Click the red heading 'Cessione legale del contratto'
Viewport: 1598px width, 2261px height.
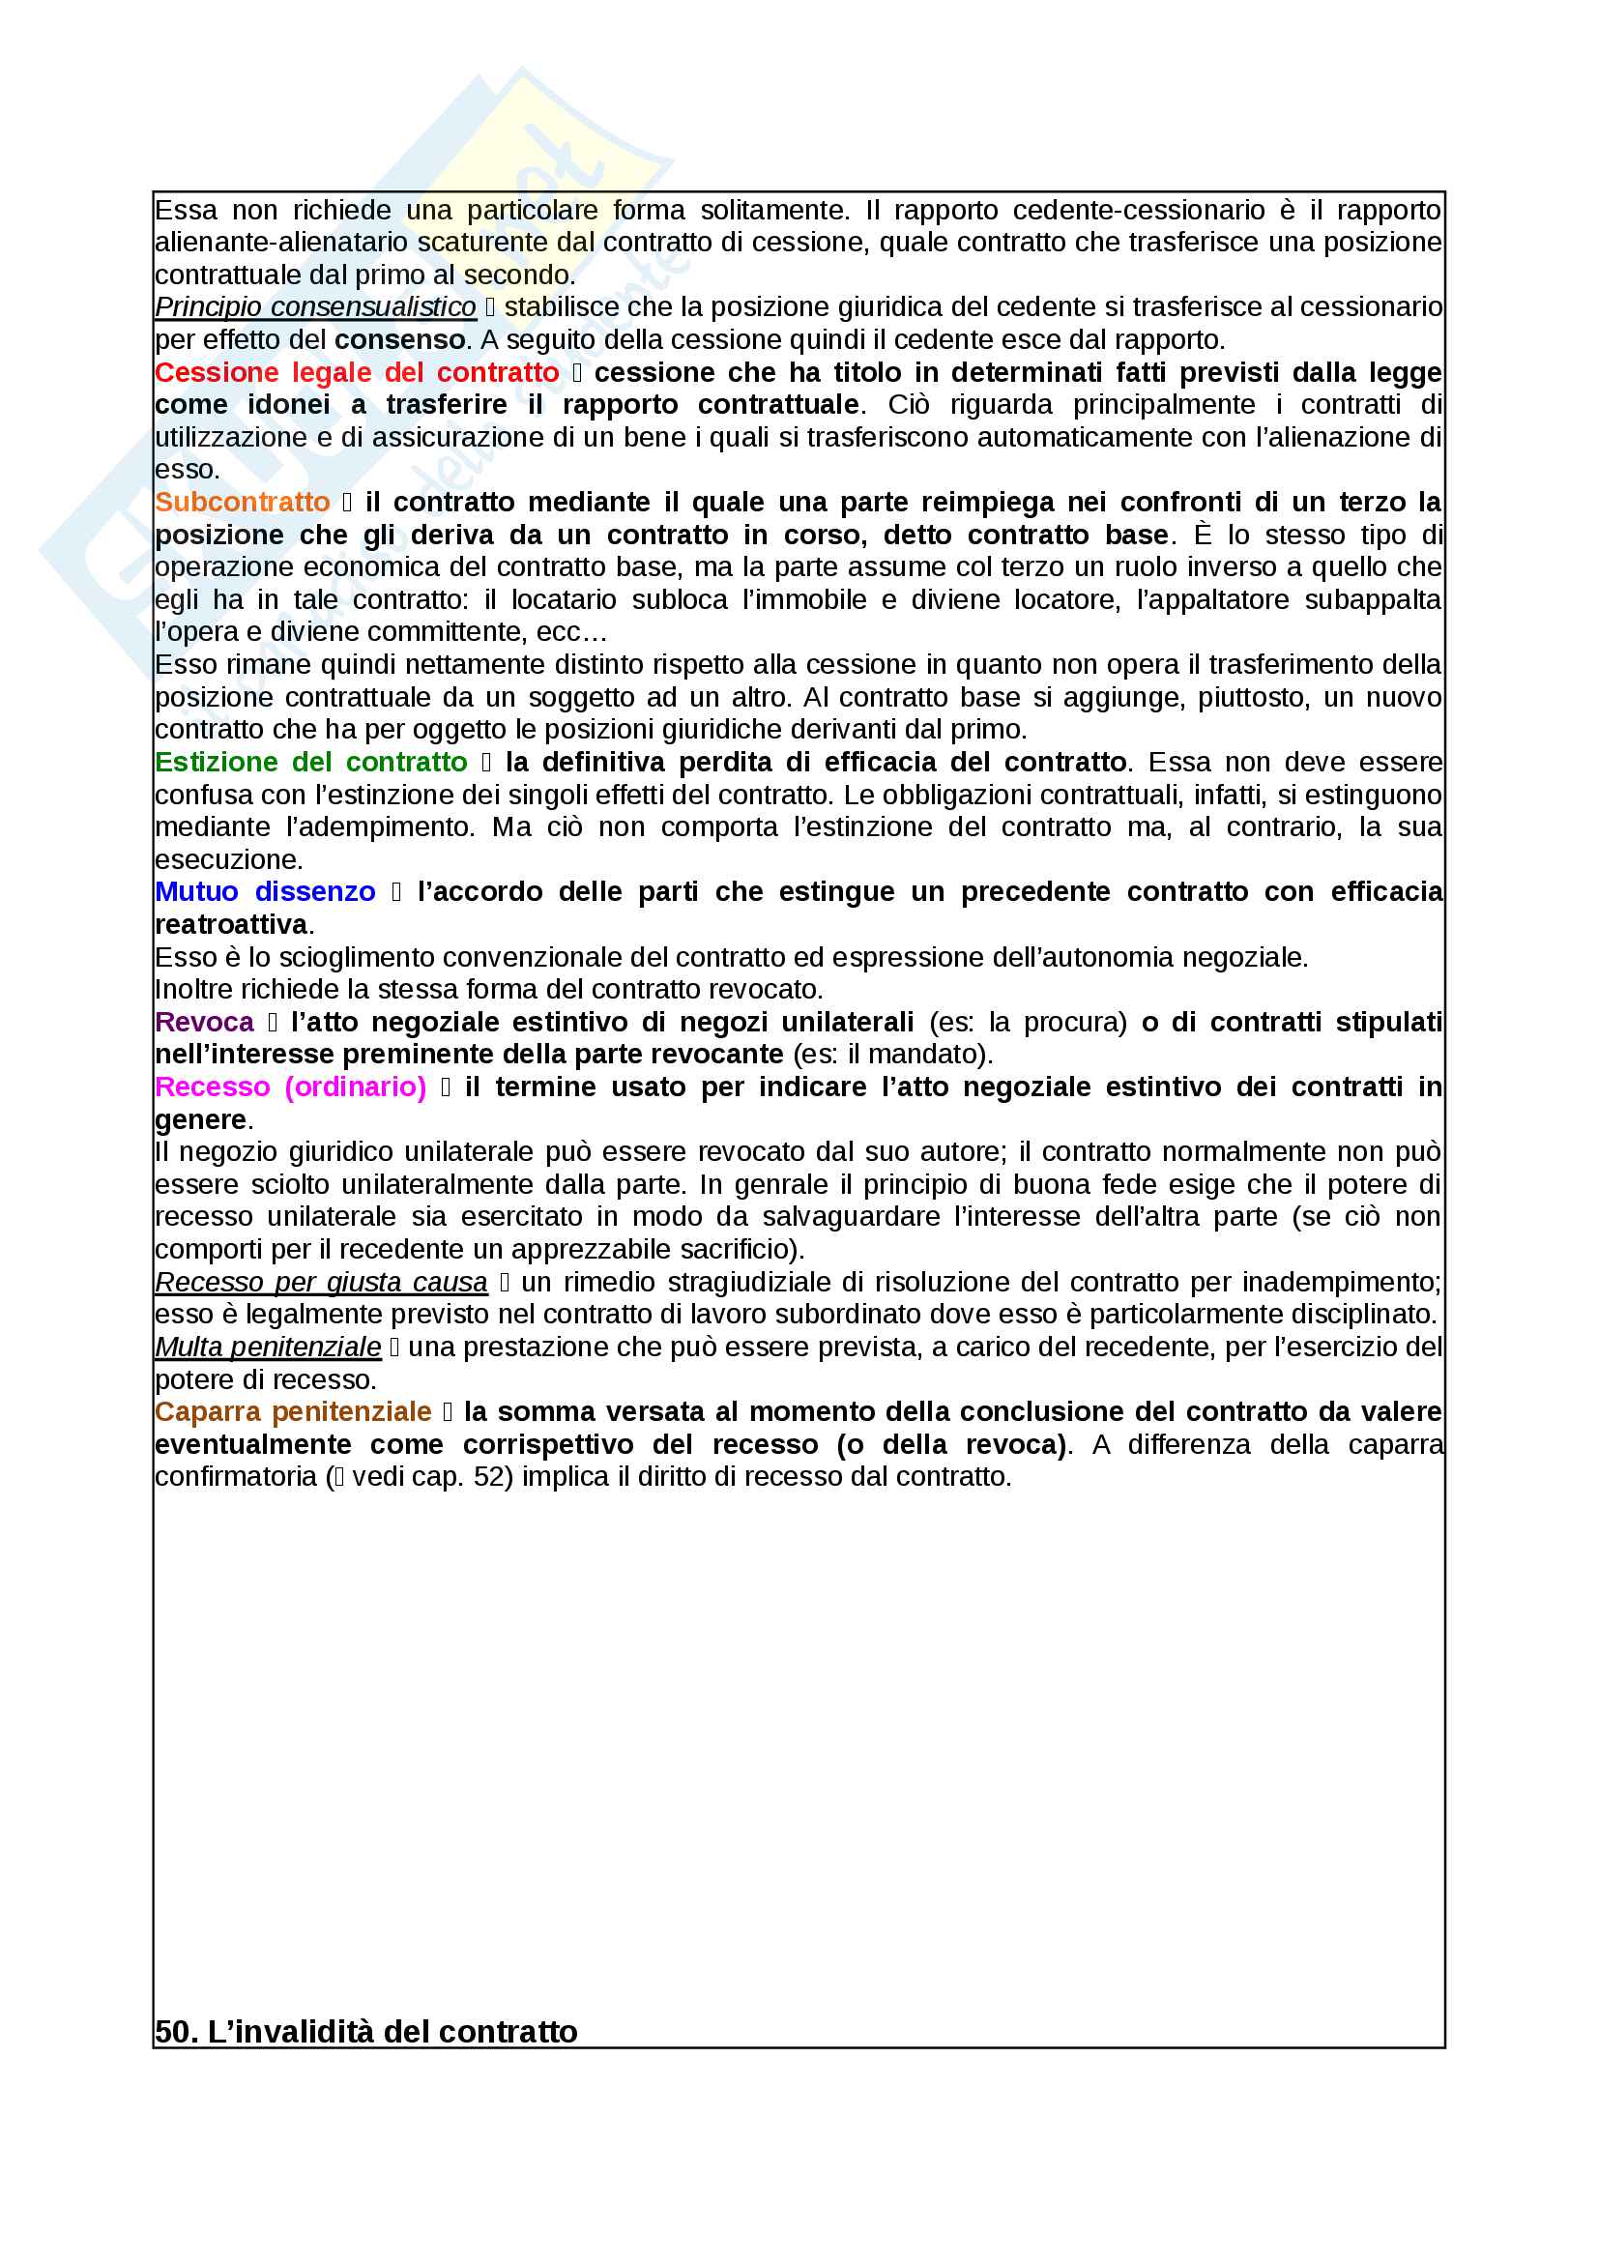point(357,373)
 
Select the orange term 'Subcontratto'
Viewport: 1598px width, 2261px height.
point(243,503)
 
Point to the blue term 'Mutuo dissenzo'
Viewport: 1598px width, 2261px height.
point(265,892)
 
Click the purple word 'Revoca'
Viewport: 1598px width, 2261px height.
point(204,1022)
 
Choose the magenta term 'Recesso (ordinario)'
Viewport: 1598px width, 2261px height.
point(290,1087)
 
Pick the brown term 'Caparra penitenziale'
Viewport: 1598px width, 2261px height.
point(292,1412)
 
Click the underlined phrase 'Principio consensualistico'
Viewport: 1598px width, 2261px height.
point(315,308)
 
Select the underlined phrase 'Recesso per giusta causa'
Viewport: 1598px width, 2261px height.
point(321,1282)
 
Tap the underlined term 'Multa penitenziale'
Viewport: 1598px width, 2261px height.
point(268,1348)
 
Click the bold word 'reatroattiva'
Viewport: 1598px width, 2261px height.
point(231,925)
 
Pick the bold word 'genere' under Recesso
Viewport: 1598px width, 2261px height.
point(200,1119)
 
